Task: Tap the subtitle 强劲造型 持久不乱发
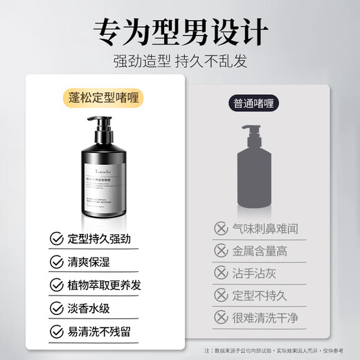[x=180, y=60]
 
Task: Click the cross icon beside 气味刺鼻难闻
[x=221, y=226]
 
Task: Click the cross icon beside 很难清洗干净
[x=221, y=318]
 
